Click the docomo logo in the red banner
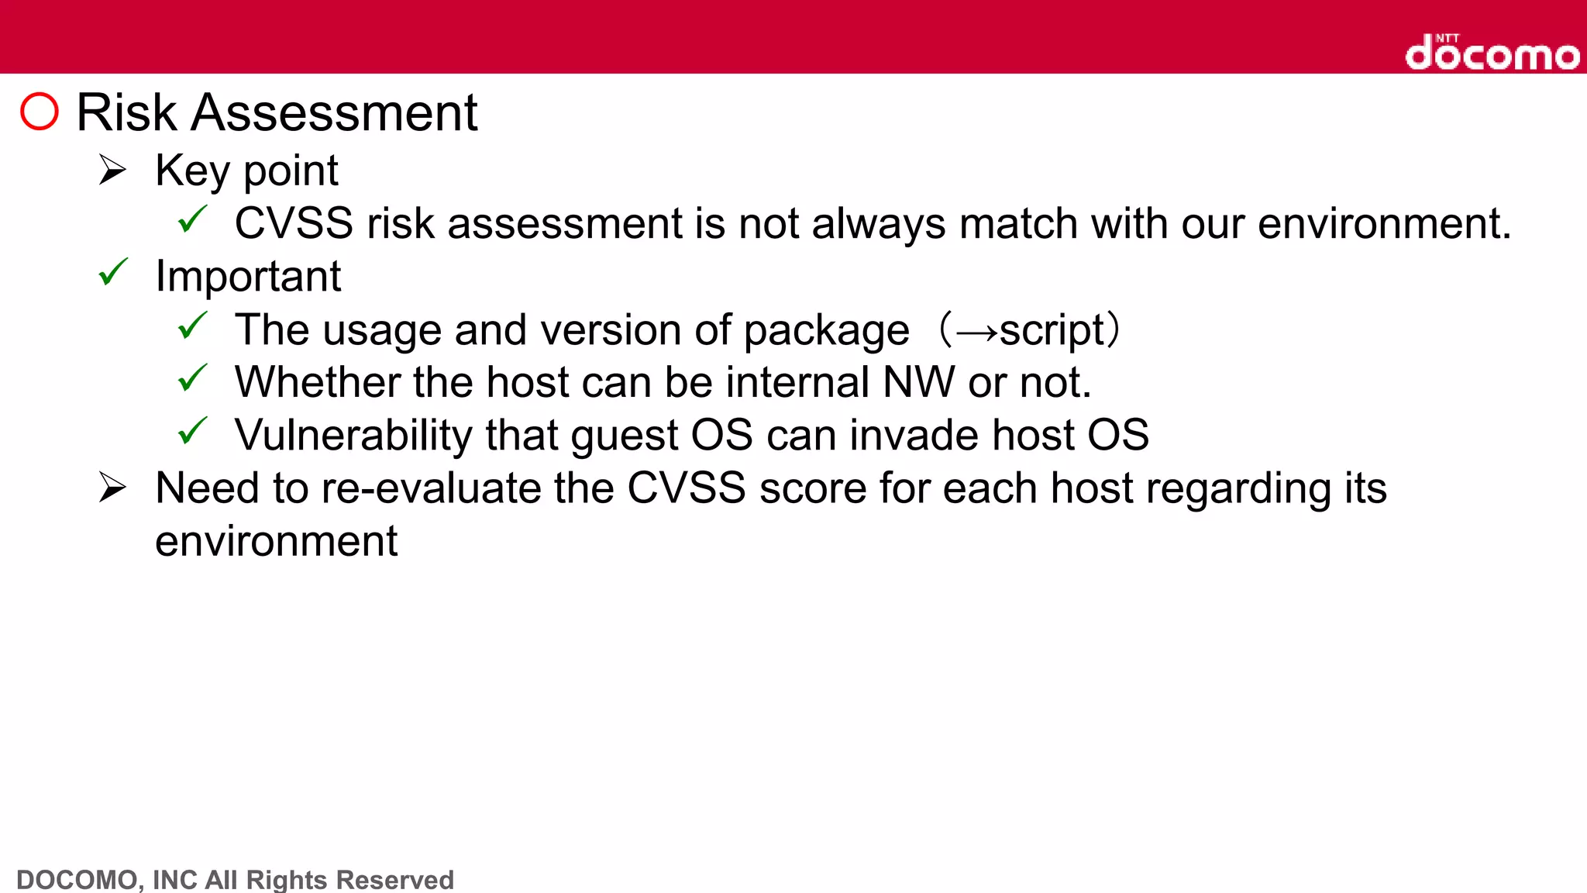(1492, 53)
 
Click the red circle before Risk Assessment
(40, 112)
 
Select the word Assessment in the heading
(334, 112)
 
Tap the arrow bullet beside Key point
(112, 170)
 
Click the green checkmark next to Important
(113, 273)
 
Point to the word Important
(248, 276)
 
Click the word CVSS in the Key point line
(294, 223)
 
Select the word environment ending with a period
(1384, 223)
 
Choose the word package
(826, 331)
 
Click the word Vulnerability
(353, 435)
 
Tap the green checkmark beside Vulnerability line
(192, 431)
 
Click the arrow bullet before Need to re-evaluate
(112, 488)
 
